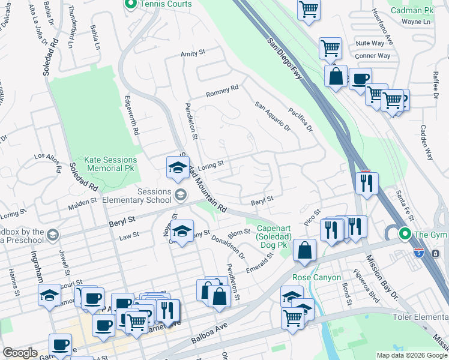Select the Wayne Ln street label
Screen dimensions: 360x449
coord(416,22)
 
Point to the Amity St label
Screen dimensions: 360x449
coord(193,54)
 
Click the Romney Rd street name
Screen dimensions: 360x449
coord(222,91)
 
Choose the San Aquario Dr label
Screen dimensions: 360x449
coord(273,116)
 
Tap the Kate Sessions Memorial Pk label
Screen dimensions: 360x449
coord(110,164)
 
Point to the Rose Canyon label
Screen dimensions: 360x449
coord(316,277)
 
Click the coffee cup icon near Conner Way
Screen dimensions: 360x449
coord(360,79)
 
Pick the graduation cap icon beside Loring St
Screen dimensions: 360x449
coord(178,167)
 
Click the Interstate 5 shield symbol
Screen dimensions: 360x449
coord(435,253)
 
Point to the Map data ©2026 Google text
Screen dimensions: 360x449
coord(412,355)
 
